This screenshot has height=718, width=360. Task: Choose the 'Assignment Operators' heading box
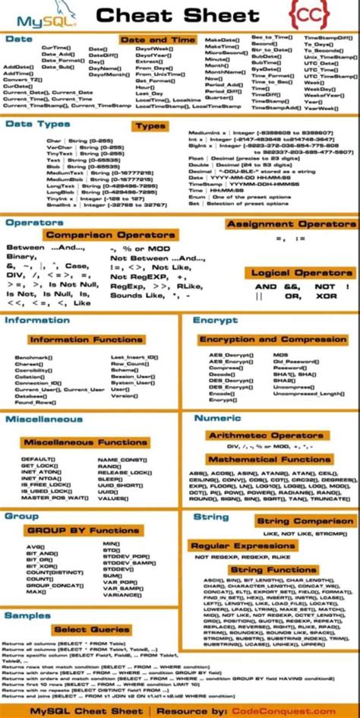pos(290,225)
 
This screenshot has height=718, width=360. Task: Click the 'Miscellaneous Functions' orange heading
pos(85,441)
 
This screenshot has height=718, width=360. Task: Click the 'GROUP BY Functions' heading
pos(83,530)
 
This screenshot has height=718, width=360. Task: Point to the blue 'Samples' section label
pos(27,615)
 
